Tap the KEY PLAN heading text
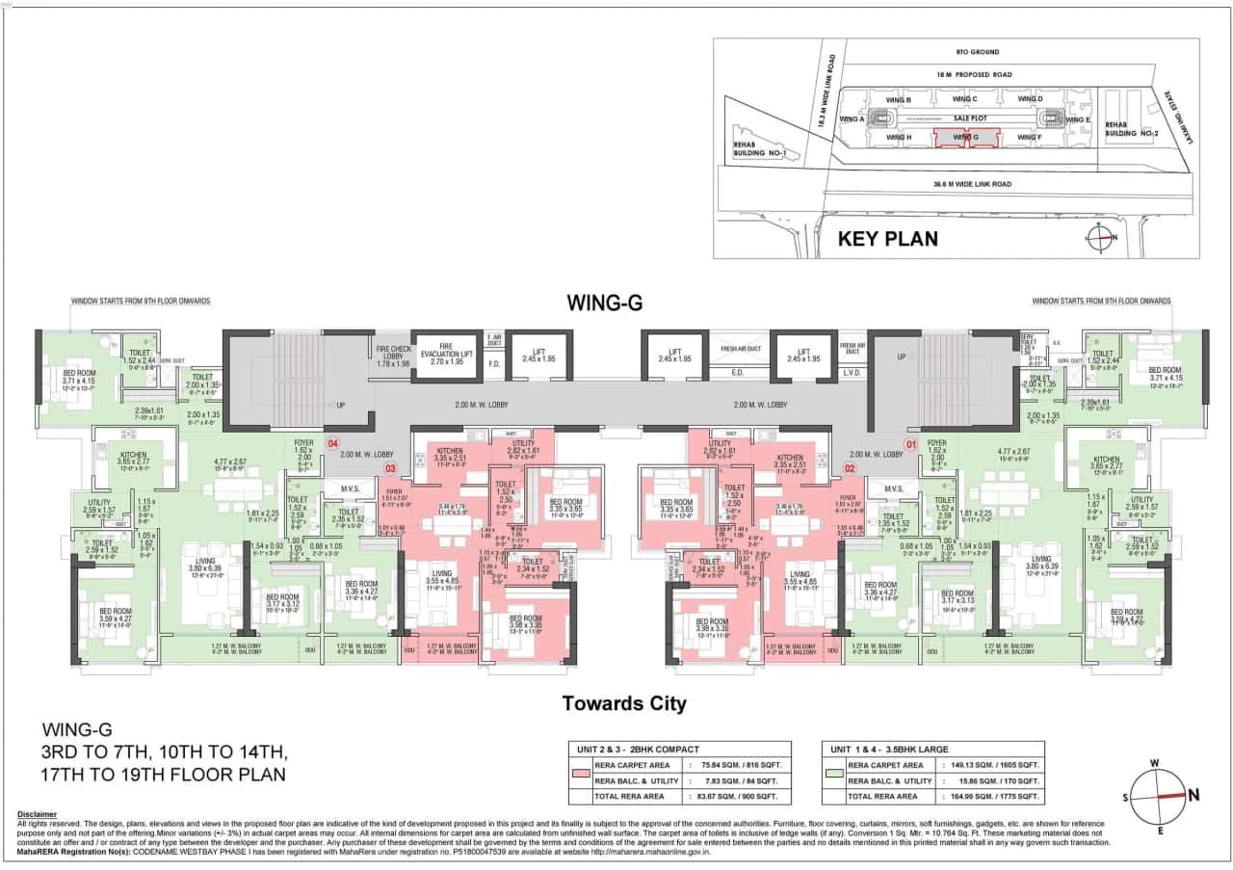887,238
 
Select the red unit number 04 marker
333,444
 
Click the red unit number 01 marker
907,444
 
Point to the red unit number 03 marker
391,469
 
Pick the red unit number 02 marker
851,469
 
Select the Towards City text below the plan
624,703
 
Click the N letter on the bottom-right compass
1195,795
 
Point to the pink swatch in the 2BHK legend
581,774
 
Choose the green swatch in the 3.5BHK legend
836,774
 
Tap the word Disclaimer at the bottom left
38,814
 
